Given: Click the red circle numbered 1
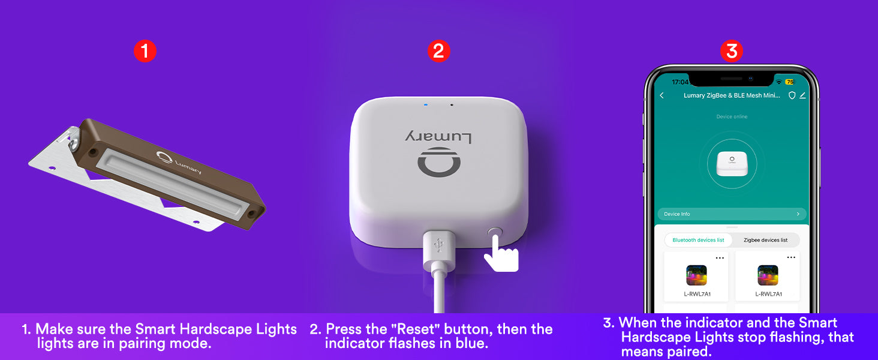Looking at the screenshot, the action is coord(145,51).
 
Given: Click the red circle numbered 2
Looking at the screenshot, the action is coord(438,51).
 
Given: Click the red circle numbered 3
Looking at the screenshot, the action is coord(732,51).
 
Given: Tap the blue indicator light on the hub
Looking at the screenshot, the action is coord(426,105).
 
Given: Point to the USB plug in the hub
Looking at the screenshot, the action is coord(440,251).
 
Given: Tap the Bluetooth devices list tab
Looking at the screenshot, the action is coord(698,240).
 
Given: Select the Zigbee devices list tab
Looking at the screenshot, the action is coord(765,240).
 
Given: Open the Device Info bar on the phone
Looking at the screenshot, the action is coord(732,214).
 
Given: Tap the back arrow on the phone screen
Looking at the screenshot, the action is coord(662,95).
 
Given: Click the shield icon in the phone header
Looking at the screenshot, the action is coord(792,95).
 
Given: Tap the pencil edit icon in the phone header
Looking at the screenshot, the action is coord(802,95).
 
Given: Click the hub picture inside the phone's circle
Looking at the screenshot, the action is coord(732,164).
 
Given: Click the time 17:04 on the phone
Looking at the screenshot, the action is coord(680,82).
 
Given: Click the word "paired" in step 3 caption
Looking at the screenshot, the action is coord(688,352).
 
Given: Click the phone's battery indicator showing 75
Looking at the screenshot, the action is coord(790,82).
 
